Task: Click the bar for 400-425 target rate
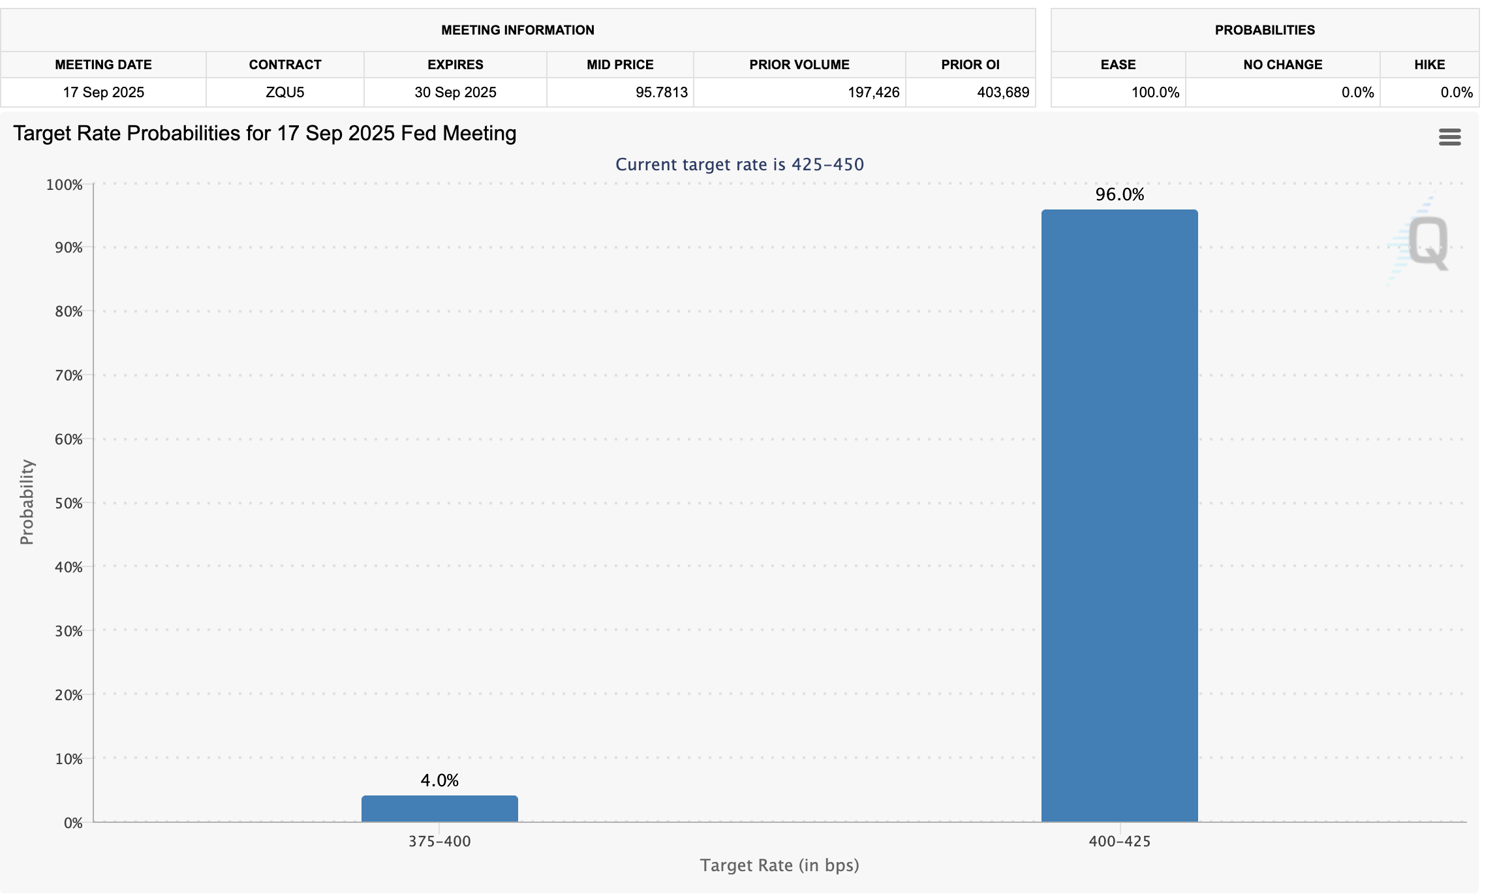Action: click(x=1119, y=516)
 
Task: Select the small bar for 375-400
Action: click(x=439, y=809)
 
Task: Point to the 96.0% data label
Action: click(x=1119, y=194)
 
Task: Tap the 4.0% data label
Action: click(x=439, y=780)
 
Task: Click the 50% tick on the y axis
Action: click(x=69, y=503)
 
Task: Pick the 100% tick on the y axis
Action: click(x=65, y=185)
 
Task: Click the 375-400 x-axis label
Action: click(x=439, y=841)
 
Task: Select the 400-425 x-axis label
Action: click(x=1119, y=841)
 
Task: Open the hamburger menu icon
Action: click(x=1449, y=137)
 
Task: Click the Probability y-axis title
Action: click(x=27, y=502)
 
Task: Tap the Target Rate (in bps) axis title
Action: click(x=779, y=865)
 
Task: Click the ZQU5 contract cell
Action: click(x=285, y=92)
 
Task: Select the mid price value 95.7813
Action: click(x=661, y=92)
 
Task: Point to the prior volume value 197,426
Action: click(x=873, y=92)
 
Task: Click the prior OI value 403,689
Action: click(x=1002, y=92)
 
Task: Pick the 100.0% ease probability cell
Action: click(x=1155, y=92)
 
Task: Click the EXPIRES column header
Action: click(x=455, y=65)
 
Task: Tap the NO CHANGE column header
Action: click(x=1282, y=65)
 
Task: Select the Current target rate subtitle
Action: click(x=739, y=164)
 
